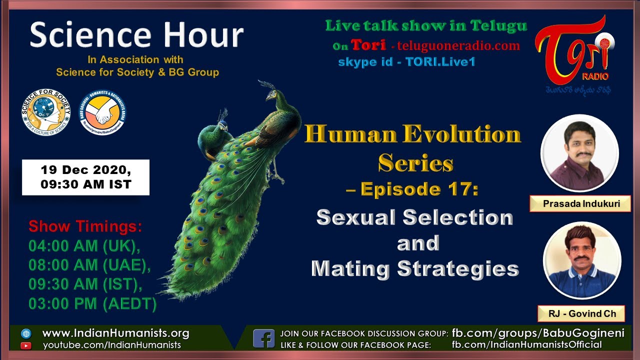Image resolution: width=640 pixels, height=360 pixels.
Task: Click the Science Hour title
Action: click(136, 36)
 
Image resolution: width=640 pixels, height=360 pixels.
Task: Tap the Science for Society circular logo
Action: click(45, 112)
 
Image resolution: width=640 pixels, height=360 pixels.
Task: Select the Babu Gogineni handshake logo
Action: click(103, 113)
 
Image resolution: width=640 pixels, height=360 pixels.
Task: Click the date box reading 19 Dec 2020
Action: click(85, 177)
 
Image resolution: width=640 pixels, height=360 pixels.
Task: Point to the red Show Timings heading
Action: click(85, 226)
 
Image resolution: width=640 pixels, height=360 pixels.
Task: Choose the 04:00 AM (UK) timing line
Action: click(84, 246)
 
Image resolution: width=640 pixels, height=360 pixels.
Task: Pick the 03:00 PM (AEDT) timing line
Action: click(92, 303)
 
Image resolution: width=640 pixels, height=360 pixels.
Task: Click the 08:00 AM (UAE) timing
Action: click(89, 265)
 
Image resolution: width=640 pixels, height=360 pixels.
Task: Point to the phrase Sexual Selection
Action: click(415, 217)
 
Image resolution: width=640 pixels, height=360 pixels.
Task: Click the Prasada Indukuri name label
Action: click(580, 203)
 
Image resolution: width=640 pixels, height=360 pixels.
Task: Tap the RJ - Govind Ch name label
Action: click(581, 313)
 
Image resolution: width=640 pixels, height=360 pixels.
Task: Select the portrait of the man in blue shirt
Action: click(582, 260)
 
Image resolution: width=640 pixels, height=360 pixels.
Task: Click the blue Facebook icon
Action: click(263, 338)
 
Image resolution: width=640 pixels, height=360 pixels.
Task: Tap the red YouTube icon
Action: click(26, 345)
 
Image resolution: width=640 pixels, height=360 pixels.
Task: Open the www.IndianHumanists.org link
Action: click(115, 333)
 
